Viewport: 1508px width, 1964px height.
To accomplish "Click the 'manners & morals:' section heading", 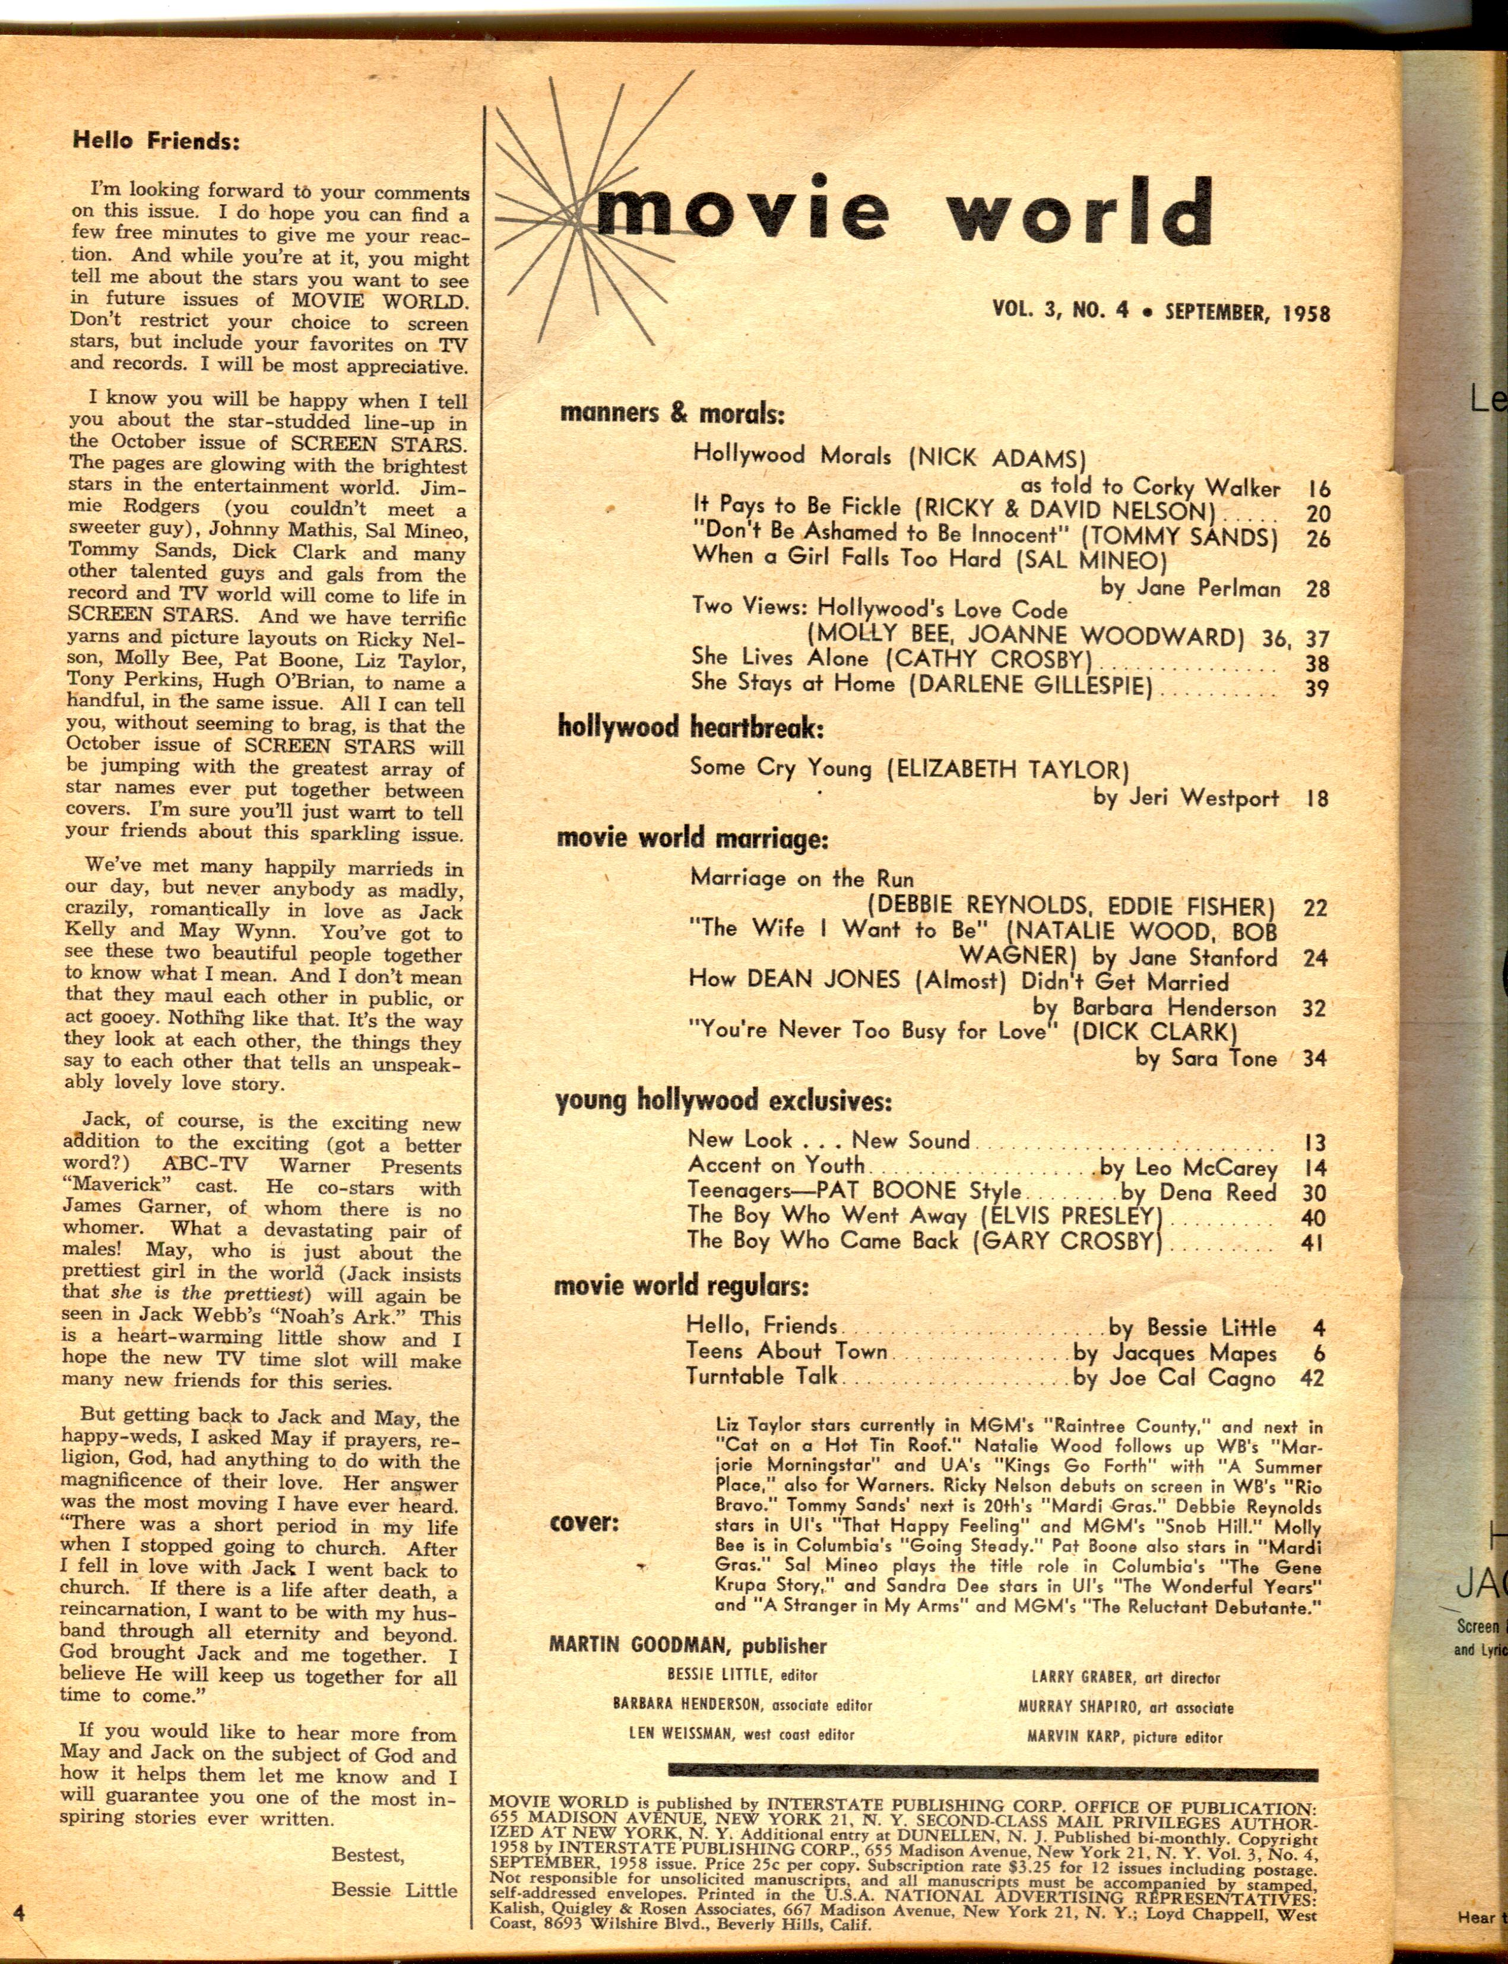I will tap(671, 414).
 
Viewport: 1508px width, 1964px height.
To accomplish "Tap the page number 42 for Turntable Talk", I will tap(1311, 1377).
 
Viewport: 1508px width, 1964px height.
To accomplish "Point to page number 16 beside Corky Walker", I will tap(1317, 489).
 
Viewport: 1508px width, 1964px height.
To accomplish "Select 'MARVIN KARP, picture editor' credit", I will tap(1124, 1737).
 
